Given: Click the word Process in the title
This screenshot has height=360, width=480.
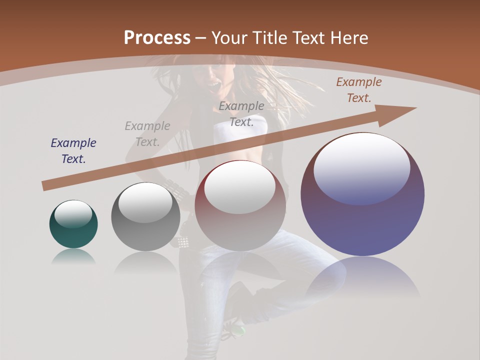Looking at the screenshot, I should click(x=157, y=37).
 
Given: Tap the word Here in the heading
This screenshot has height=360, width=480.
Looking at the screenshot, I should click(x=347, y=37).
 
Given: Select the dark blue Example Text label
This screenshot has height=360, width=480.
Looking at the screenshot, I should click(x=73, y=151).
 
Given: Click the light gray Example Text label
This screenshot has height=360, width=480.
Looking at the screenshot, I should click(x=147, y=134).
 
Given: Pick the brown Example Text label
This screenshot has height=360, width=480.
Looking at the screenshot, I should click(x=359, y=90).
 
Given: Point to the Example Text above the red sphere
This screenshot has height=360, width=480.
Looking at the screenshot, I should click(x=241, y=113).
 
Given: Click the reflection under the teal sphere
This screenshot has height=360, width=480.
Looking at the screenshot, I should click(x=73, y=257).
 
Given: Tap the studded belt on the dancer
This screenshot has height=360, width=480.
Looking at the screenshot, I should click(x=182, y=242).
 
